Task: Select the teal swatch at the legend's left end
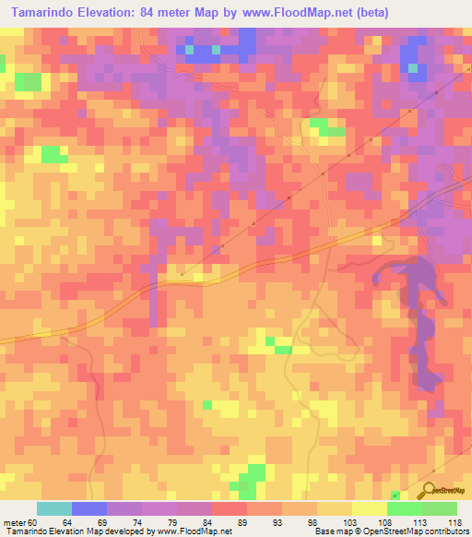point(54,508)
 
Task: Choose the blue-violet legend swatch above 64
point(89,508)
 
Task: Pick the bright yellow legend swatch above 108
point(370,508)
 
